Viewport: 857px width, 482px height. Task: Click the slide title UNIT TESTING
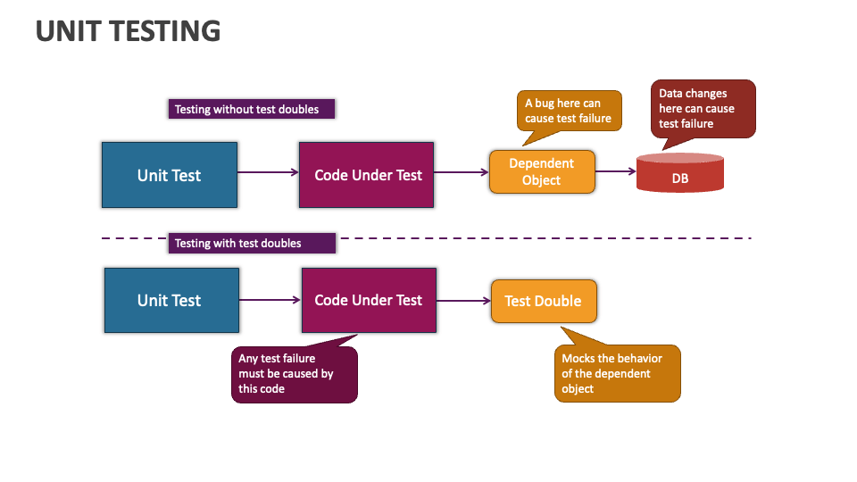128,31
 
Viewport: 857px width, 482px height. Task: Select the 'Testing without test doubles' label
251,109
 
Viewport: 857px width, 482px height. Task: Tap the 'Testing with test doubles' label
251,243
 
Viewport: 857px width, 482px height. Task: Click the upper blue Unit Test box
170,175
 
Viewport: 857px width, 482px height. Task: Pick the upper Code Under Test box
367,175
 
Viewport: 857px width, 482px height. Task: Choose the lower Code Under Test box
369,301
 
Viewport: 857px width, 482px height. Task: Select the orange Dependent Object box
542,171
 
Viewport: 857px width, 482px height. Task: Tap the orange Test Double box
544,301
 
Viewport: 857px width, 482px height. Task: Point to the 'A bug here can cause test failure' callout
569,111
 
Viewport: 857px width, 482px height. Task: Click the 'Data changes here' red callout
703,108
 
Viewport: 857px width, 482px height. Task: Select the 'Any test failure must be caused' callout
295,374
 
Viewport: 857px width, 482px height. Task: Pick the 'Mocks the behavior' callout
618,373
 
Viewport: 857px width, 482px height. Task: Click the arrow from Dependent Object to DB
615,171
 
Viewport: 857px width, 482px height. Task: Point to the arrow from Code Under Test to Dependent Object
462,173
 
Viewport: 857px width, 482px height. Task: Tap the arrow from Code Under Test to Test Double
463,301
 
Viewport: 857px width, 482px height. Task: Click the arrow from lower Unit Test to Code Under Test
270,300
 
